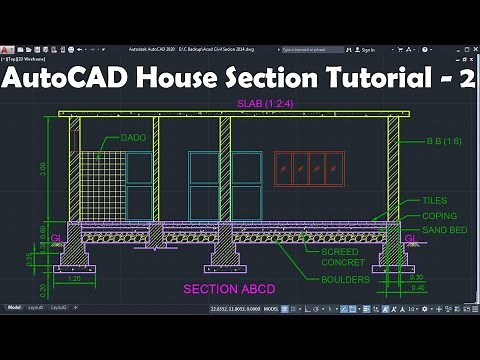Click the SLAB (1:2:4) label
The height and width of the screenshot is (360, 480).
click(259, 104)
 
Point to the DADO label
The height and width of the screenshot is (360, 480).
click(134, 136)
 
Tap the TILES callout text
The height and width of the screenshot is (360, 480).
click(435, 200)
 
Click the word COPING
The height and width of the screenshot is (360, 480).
click(439, 215)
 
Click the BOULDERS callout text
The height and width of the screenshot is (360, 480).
click(345, 279)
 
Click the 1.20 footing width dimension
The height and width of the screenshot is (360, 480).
click(75, 279)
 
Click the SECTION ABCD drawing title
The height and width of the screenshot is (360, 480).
click(228, 288)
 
